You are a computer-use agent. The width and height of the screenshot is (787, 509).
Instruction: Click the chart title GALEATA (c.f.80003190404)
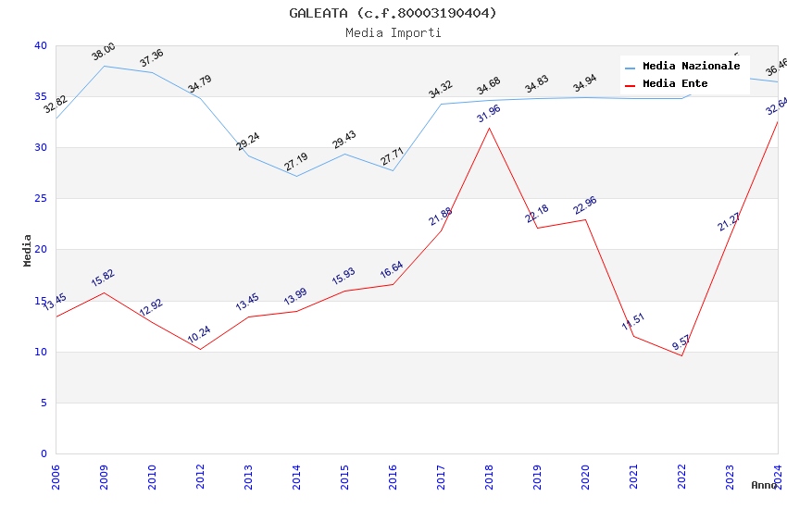pos(393,13)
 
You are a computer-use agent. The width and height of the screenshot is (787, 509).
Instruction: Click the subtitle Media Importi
pos(393,32)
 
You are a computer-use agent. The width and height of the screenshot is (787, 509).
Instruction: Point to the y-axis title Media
pos(28,250)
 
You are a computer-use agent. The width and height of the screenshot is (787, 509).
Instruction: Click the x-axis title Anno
pos(764,485)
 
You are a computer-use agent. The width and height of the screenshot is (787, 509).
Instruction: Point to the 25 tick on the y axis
pos(41,199)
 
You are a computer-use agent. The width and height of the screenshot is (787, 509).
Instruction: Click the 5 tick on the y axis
pos(44,403)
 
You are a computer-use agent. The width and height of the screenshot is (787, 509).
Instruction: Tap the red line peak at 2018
pos(489,128)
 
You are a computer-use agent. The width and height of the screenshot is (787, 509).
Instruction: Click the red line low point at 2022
pos(681,355)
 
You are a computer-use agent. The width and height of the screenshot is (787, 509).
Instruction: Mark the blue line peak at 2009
pos(104,66)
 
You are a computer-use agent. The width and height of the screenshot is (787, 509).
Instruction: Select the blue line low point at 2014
pos(296,176)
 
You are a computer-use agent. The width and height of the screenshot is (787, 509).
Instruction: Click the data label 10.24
pos(199,334)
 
